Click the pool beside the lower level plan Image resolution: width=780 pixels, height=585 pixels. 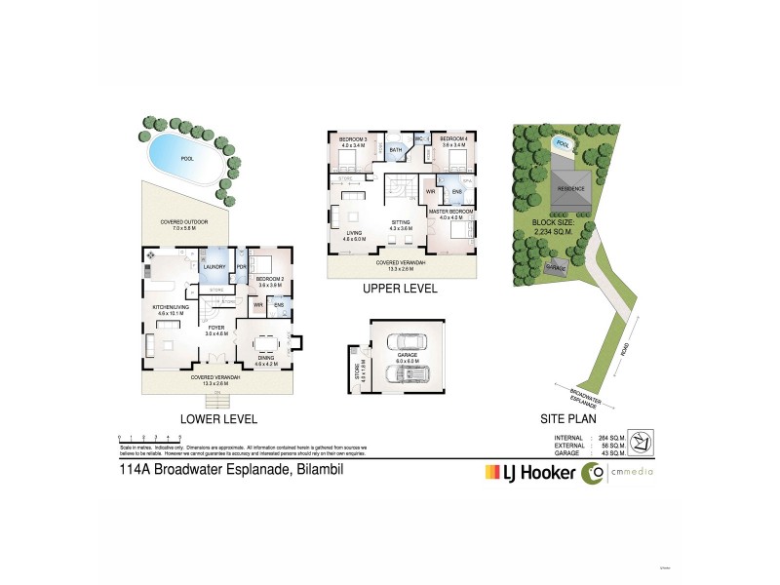(182, 158)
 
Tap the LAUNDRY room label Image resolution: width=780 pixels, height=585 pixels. (214, 266)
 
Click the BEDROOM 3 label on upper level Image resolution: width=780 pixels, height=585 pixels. (353, 140)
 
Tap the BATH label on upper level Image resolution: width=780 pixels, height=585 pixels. (396, 150)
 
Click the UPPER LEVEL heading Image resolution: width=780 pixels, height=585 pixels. (401, 290)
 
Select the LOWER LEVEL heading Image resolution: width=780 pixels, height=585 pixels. (219, 419)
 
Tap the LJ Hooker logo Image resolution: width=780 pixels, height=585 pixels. (530, 474)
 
